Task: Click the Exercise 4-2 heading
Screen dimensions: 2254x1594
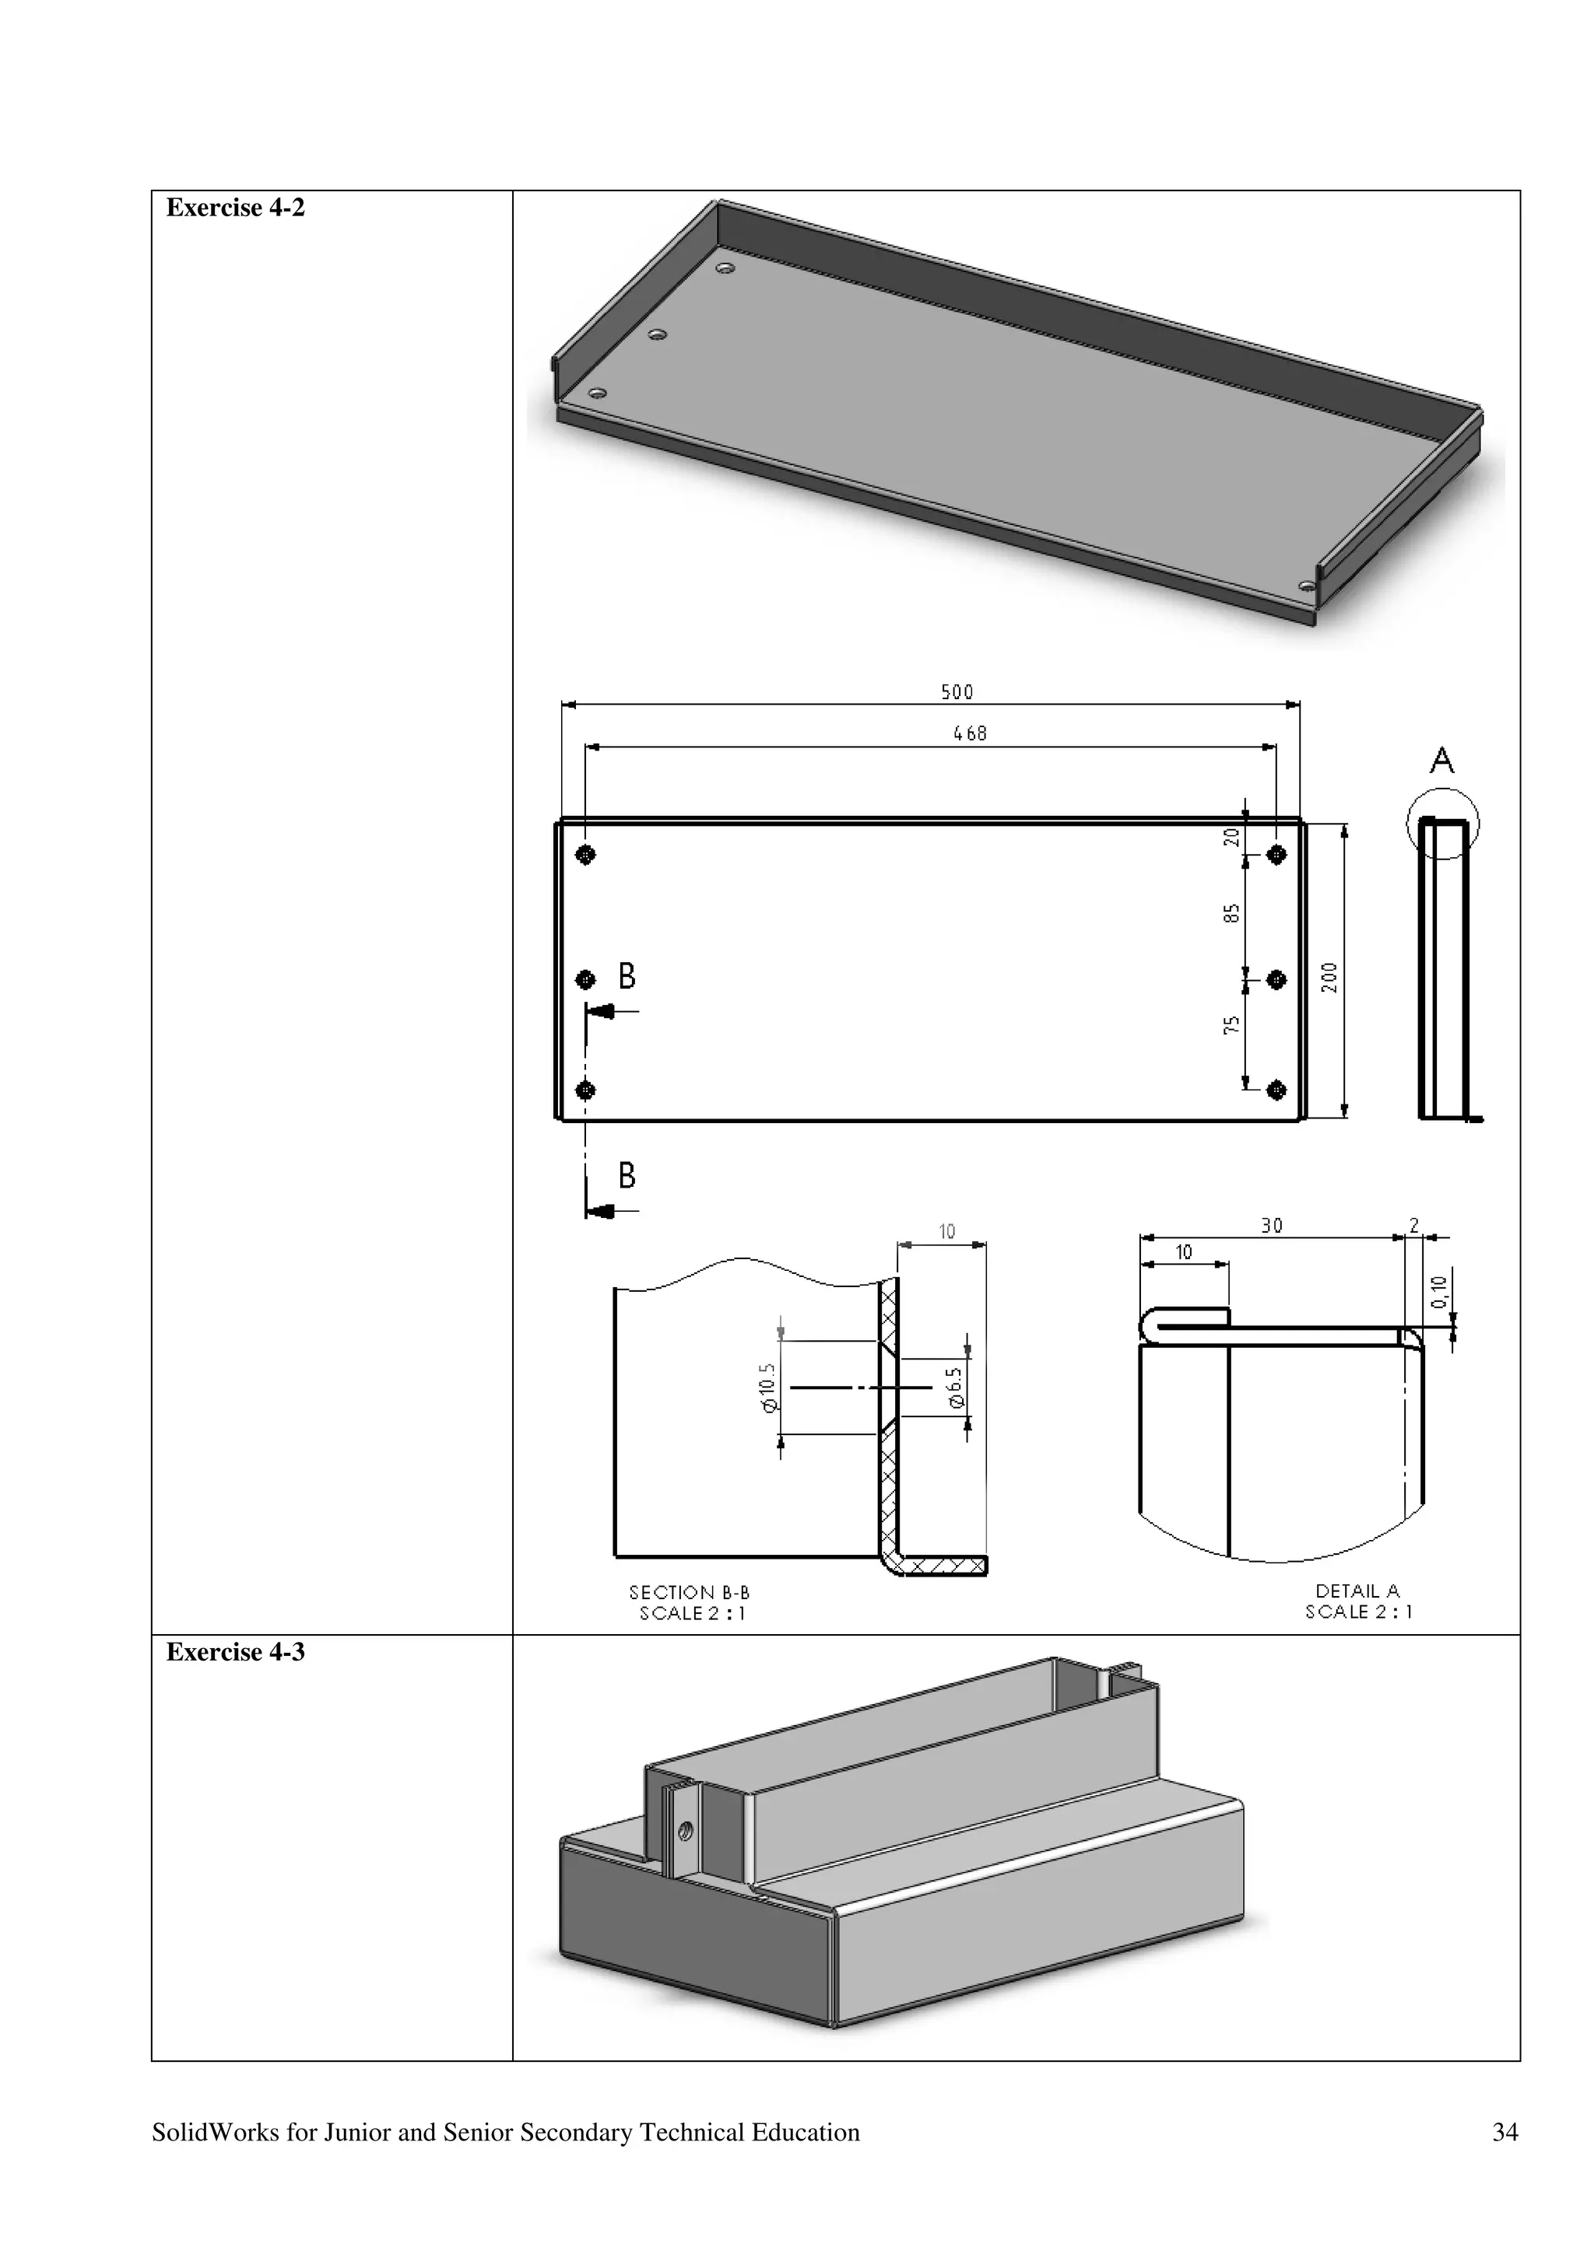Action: point(235,208)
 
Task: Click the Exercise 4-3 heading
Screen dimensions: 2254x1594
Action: point(235,1652)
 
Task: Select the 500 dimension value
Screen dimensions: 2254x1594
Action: point(957,692)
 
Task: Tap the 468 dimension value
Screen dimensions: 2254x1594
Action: point(969,733)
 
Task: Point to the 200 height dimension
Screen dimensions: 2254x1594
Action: point(1329,977)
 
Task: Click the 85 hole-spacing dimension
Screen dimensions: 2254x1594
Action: point(1231,914)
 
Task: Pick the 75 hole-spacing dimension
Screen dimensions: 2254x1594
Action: point(1231,1026)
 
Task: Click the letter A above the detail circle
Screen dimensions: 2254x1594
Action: point(1441,761)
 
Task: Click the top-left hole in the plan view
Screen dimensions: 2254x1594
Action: point(585,854)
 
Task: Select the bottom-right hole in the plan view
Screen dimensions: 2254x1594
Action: point(1276,1090)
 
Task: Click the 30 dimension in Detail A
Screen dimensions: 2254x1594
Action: point(1271,1225)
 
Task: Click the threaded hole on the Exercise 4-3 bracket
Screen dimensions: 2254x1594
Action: point(686,1830)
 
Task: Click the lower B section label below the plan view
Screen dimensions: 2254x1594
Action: point(627,1175)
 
